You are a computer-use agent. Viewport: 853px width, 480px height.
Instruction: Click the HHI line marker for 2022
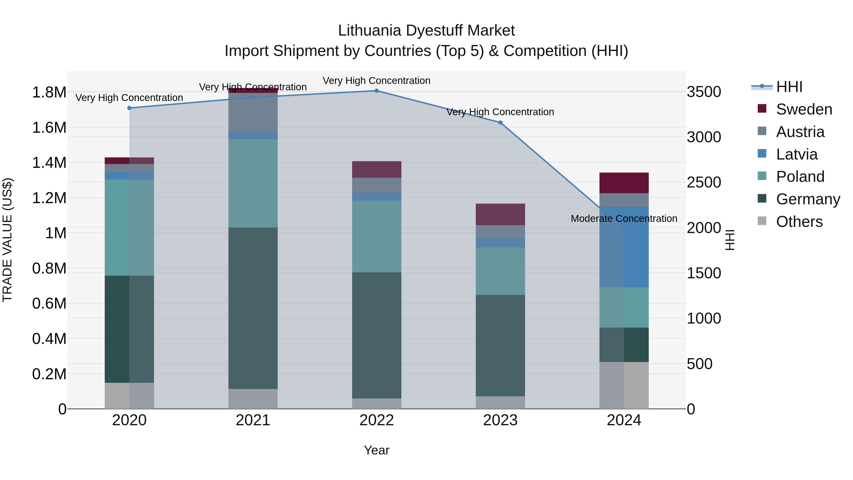pos(377,91)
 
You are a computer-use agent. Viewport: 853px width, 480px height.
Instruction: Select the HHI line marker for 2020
pos(129,108)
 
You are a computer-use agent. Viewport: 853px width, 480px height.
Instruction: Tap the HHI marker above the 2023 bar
pos(500,123)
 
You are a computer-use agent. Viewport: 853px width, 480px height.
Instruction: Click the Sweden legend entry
pos(804,109)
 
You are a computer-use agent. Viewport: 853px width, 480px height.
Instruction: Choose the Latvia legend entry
pos(796,154)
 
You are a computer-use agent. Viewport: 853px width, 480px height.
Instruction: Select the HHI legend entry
pos(789,87)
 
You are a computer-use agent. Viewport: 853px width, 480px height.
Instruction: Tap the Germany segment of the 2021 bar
pos(253,308)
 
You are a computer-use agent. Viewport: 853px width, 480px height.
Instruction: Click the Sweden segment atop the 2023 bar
pos(500,214)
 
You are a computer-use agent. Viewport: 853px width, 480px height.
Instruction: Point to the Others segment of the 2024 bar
pos(624,385)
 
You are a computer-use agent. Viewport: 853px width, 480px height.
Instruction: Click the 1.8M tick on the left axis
pos(49,92)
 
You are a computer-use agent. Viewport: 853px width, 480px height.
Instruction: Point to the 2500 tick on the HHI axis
pos(704,183)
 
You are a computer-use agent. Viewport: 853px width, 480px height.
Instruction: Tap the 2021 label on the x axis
pos(253,420)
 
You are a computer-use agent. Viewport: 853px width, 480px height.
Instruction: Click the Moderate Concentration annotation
pos(624,219)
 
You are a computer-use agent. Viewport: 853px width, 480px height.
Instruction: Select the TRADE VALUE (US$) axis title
pos(7,240)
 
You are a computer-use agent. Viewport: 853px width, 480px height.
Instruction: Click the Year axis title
pos(377,450)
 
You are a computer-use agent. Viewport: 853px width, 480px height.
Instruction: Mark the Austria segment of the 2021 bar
pos(253,112)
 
